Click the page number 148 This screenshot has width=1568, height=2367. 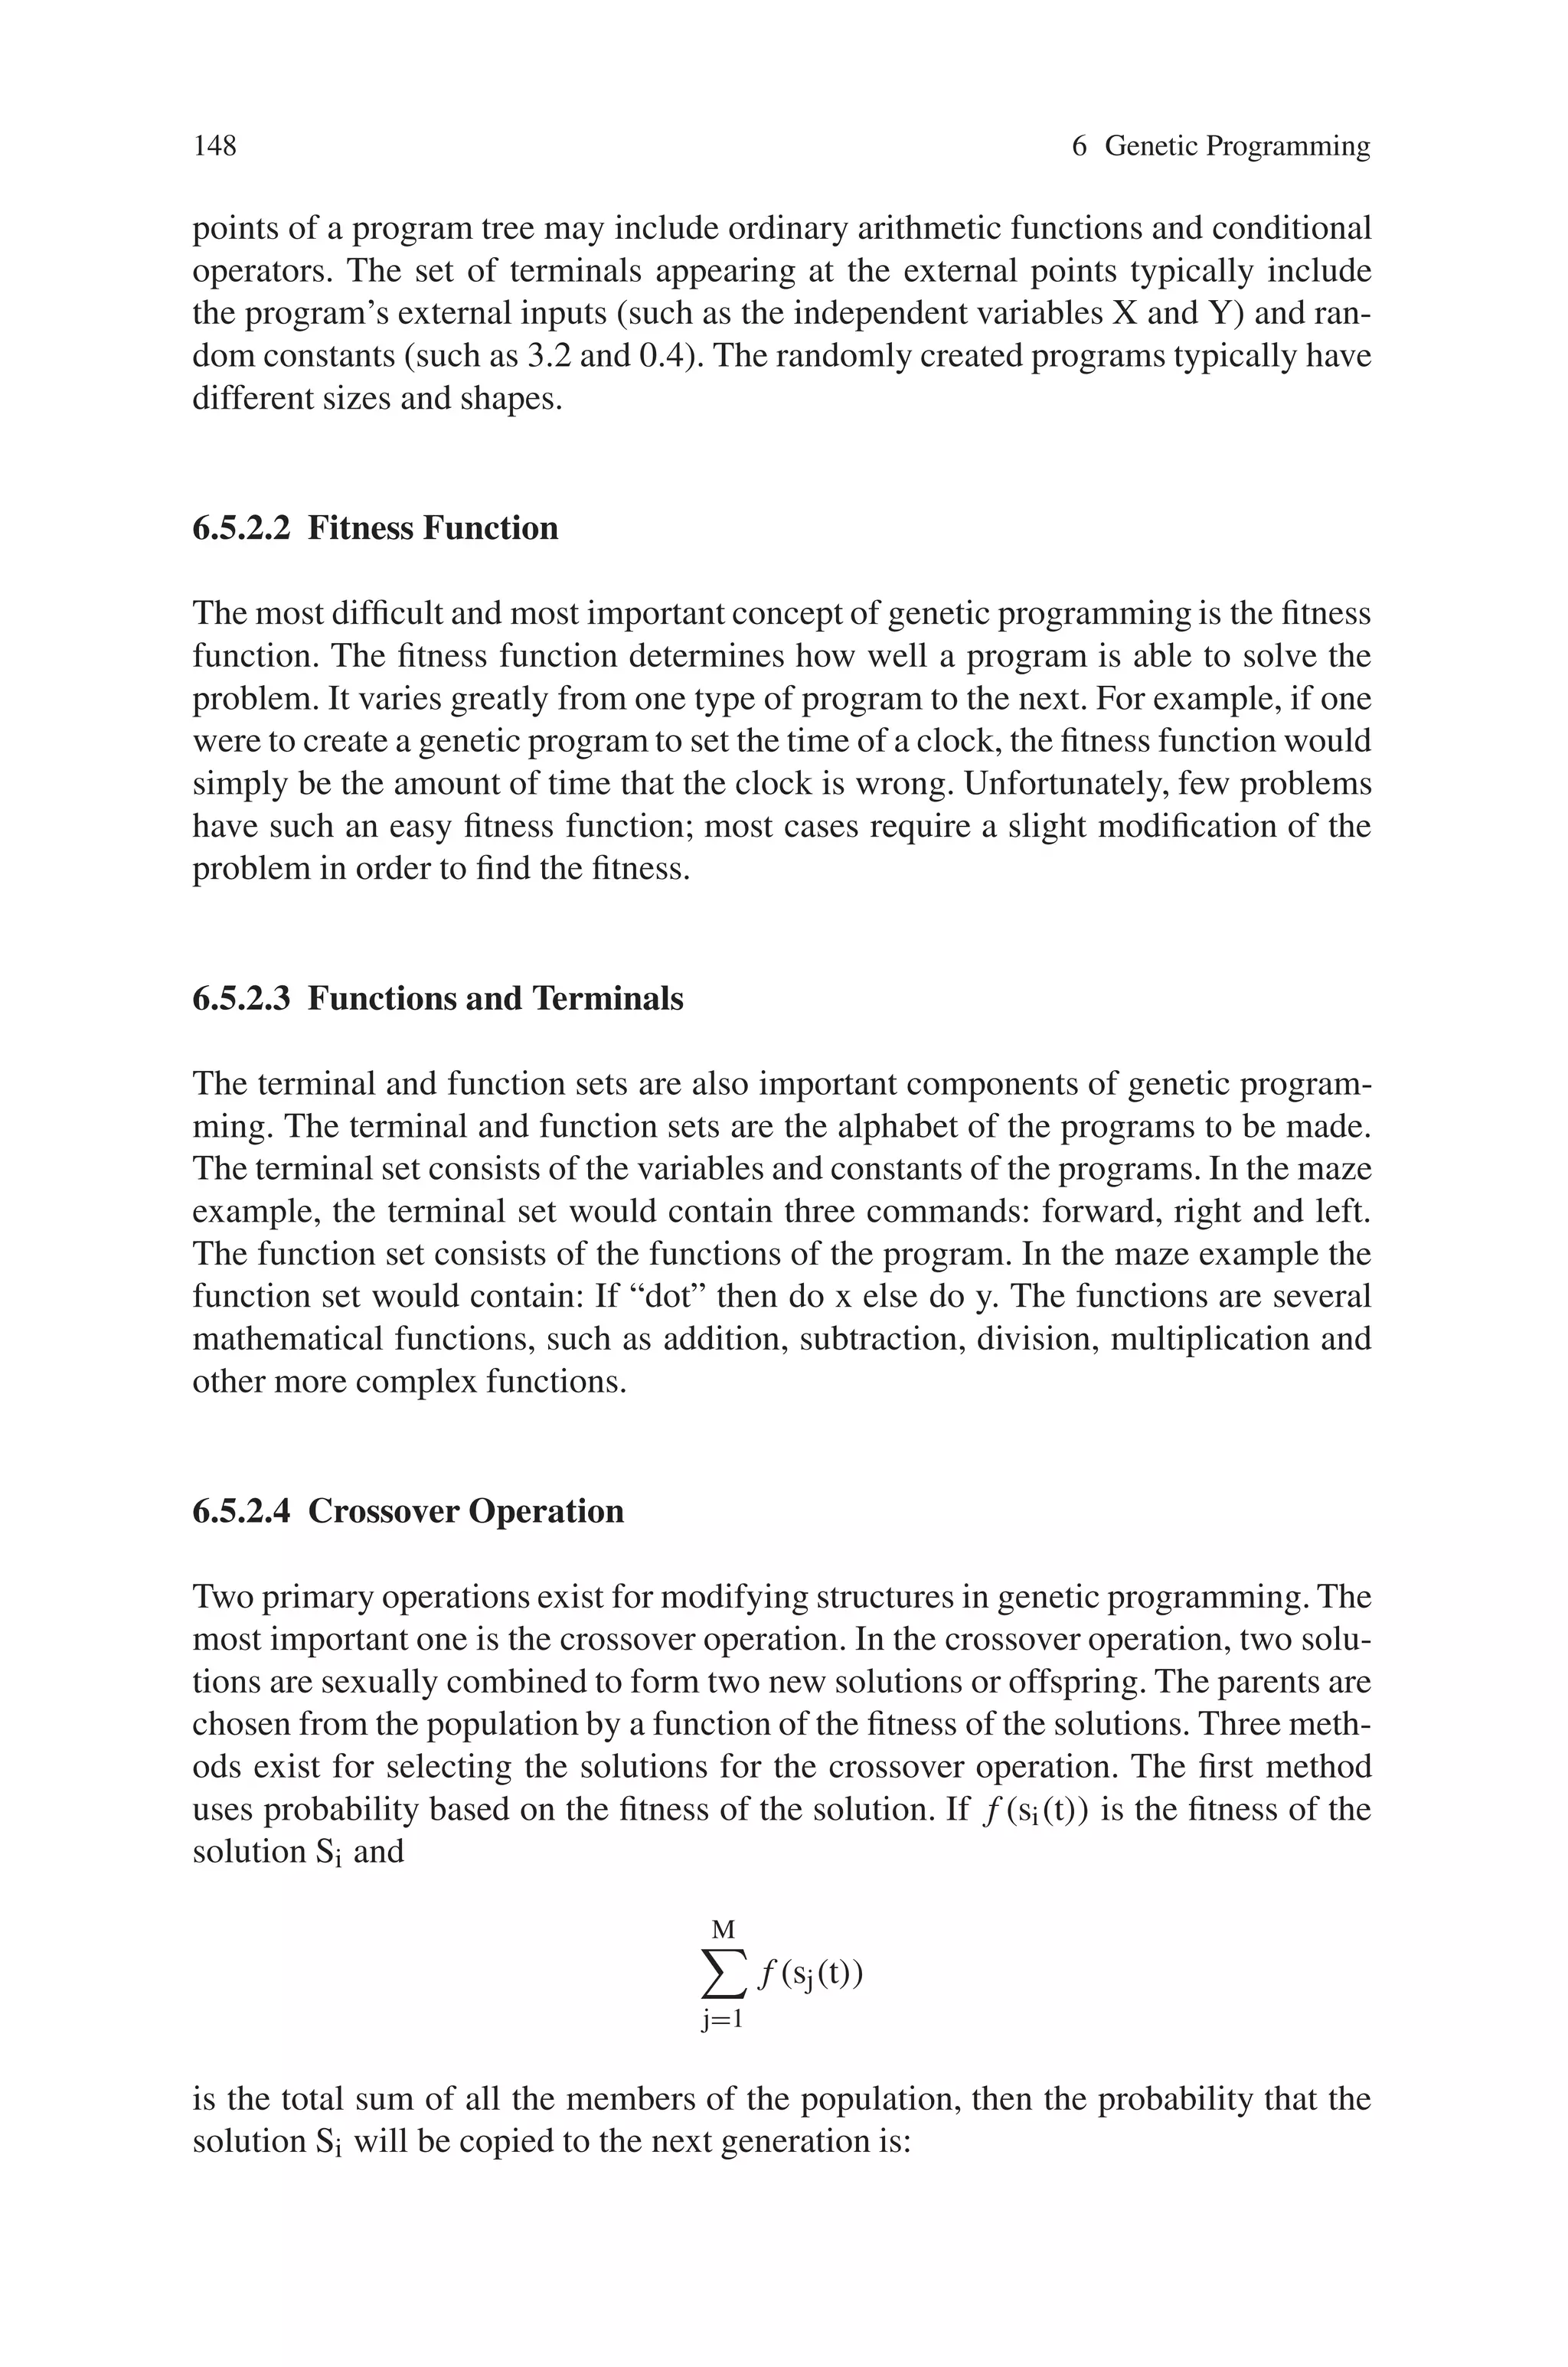pyautogui.click(x=215, y=146)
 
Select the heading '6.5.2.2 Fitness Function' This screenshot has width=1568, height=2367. pyautogui.click(x=375, y=527)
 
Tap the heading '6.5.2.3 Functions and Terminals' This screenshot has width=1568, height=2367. pyautogui.click(x=438, y=997)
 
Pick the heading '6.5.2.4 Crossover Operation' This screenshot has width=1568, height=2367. pyautogui.click(x=408, y=1510)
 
